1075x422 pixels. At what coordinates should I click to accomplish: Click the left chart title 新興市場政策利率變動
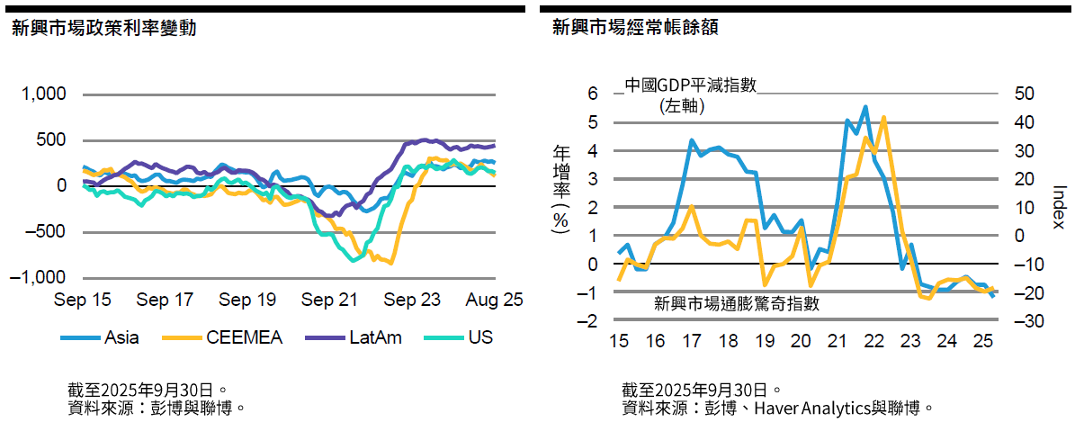coord(103,28)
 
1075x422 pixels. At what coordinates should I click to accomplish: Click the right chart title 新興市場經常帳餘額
coord(635,28)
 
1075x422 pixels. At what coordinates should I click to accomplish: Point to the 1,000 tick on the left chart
coord(44,94)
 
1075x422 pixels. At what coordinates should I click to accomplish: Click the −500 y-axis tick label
coord(43,231)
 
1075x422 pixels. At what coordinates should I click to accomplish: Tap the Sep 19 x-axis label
coord(247,300)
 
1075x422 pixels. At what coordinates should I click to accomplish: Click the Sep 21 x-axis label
coord(330,300)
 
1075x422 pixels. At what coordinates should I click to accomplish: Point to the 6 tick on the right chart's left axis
coord(592,94)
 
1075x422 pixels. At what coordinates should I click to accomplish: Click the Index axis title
coord(1059,207)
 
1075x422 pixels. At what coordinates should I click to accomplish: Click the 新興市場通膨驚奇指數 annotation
coord(737,303)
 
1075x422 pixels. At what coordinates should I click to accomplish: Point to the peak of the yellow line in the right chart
coord(883,117)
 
